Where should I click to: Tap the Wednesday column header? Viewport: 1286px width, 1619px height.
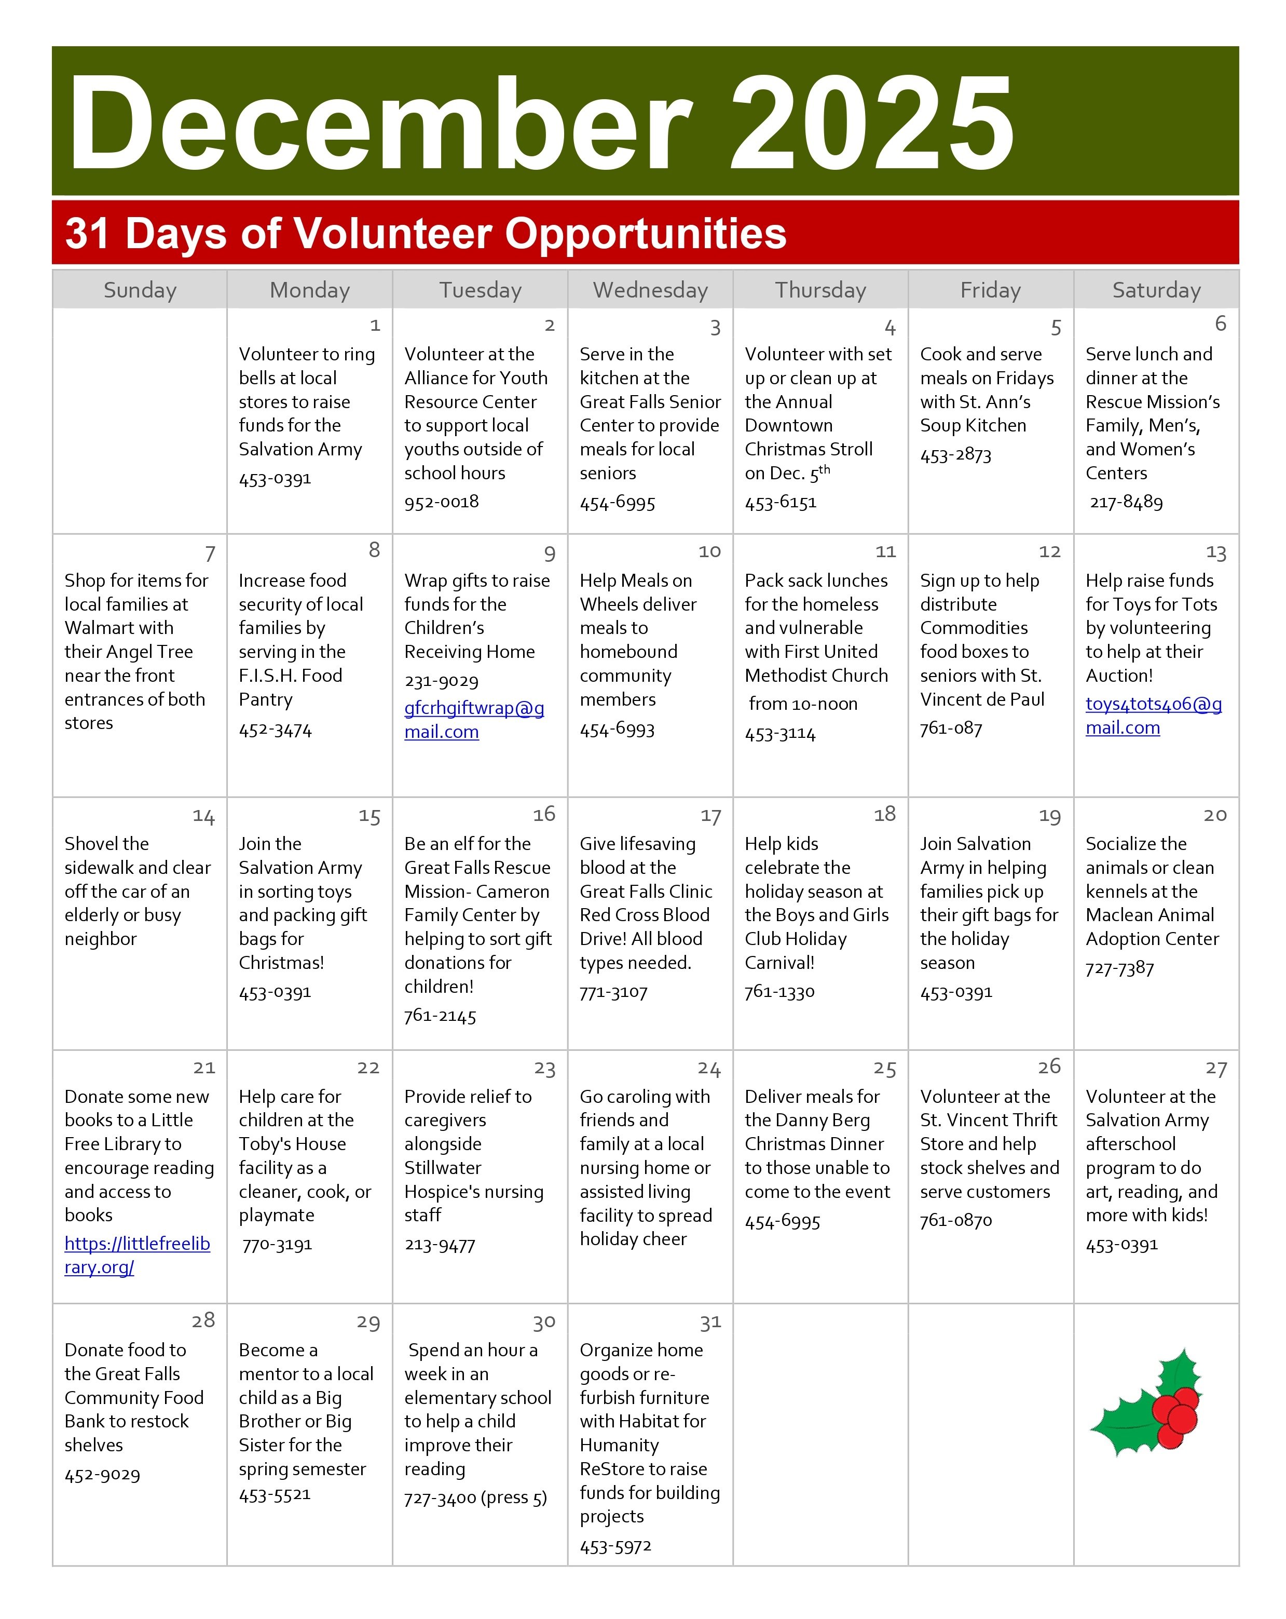(x=650, y=290)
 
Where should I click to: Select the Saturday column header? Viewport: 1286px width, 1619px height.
(x=1156, y=290)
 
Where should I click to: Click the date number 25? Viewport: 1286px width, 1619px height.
(x=884, y=1069)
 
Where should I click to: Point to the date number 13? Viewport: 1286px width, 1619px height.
(x=1215, y=552)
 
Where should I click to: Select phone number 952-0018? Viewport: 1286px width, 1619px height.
(x=442, y=502)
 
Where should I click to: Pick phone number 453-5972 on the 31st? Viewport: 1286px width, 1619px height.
(x=615, y=1546)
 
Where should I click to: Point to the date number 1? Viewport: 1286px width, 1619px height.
(x=375, y=325)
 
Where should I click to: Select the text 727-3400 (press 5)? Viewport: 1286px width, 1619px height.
(x=475, y=1497)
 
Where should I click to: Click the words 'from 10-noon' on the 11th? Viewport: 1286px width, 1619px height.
(x=802, y=704)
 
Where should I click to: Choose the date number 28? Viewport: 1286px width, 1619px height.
(x=203, y=1320)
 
